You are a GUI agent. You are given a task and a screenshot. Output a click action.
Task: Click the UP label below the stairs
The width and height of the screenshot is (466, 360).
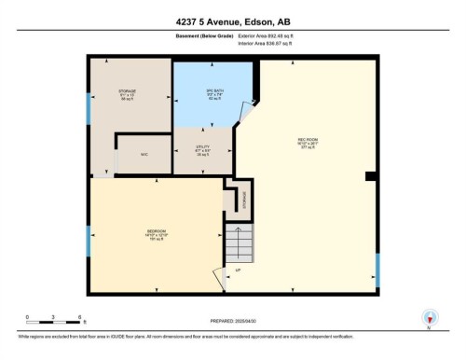[238, 270]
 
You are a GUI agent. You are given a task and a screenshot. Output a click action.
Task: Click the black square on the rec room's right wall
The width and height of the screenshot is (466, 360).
[371, 176]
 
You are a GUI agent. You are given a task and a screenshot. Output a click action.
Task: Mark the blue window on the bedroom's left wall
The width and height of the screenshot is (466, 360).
[88, 240]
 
